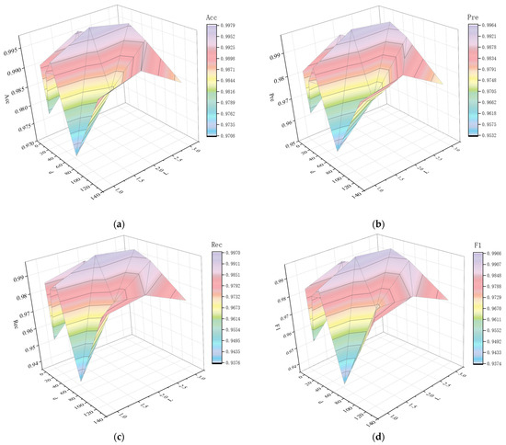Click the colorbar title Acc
[x=218, y=17]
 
